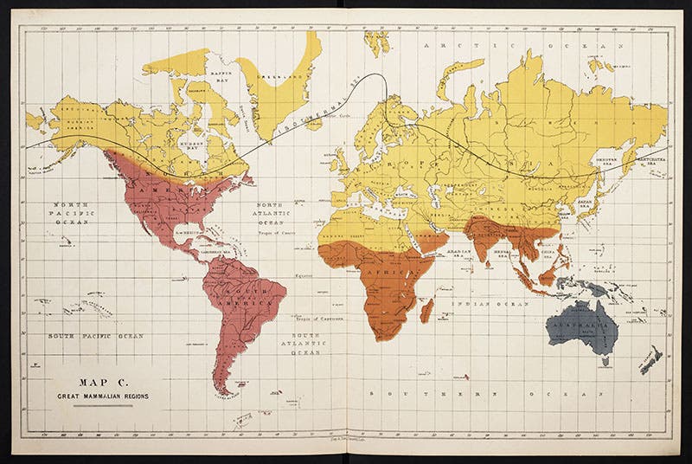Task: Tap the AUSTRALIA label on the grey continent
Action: click(582, 321)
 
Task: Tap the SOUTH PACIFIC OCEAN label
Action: click(96, 335)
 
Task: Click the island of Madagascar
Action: click(426, 310)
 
